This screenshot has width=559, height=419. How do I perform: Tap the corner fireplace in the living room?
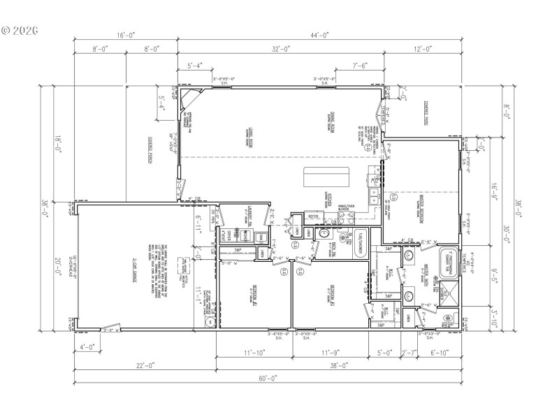pyautogui.click(x=186, y=103)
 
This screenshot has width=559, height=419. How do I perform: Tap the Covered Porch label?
pyautogui.click(x=150, y=149)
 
